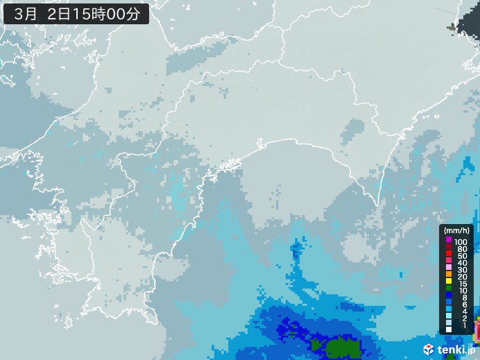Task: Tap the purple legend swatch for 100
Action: coord(448,241)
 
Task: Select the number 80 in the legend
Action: coord(462,248)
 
